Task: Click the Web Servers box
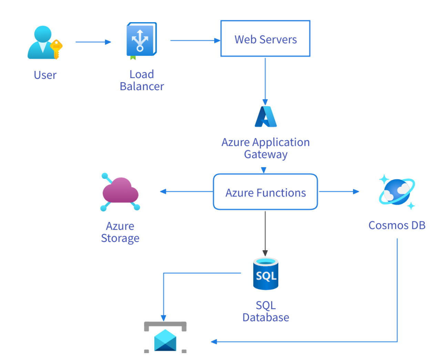265,39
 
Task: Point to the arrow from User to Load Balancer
93,42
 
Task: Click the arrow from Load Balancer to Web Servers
195,41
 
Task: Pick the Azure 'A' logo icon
266,117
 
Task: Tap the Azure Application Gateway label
265,148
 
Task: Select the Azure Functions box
265,192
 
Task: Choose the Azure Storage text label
120,232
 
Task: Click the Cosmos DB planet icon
397,192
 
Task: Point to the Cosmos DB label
397,225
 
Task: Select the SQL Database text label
265,311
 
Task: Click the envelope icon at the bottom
165,339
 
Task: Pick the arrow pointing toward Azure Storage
186,191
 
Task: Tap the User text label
45,75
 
